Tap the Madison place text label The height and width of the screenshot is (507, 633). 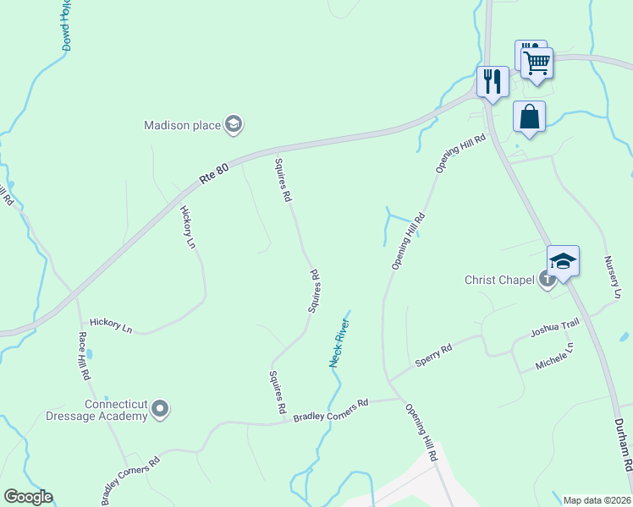tap(181, 125)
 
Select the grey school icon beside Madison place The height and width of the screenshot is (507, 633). tap(233, 126)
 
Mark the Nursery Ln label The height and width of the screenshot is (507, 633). tap(614, 277)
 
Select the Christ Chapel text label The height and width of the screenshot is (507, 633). tap(500, 280)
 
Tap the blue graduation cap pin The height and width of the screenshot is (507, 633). tap(563, 261)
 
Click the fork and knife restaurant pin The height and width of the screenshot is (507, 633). tap(493, 82)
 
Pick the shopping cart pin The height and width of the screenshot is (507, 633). tap(537, 63)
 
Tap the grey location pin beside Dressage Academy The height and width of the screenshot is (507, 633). tap(160, 411)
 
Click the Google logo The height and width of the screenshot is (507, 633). tap(27, 497)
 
